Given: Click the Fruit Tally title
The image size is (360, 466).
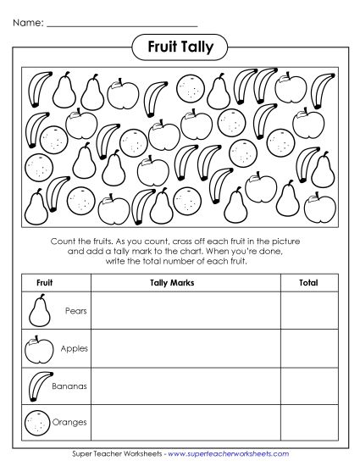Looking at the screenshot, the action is pos(180,43).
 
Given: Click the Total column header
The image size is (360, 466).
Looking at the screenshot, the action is pos(307,282).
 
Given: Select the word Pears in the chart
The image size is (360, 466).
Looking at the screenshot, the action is pos(75,311).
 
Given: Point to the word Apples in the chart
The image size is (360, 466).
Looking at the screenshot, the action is pos(74,348).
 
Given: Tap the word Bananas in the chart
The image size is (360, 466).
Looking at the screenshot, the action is pos(71,386).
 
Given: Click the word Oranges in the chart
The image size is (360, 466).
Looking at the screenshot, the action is pos(70,422).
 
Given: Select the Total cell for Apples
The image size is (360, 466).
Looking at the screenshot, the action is pos(307,347).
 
